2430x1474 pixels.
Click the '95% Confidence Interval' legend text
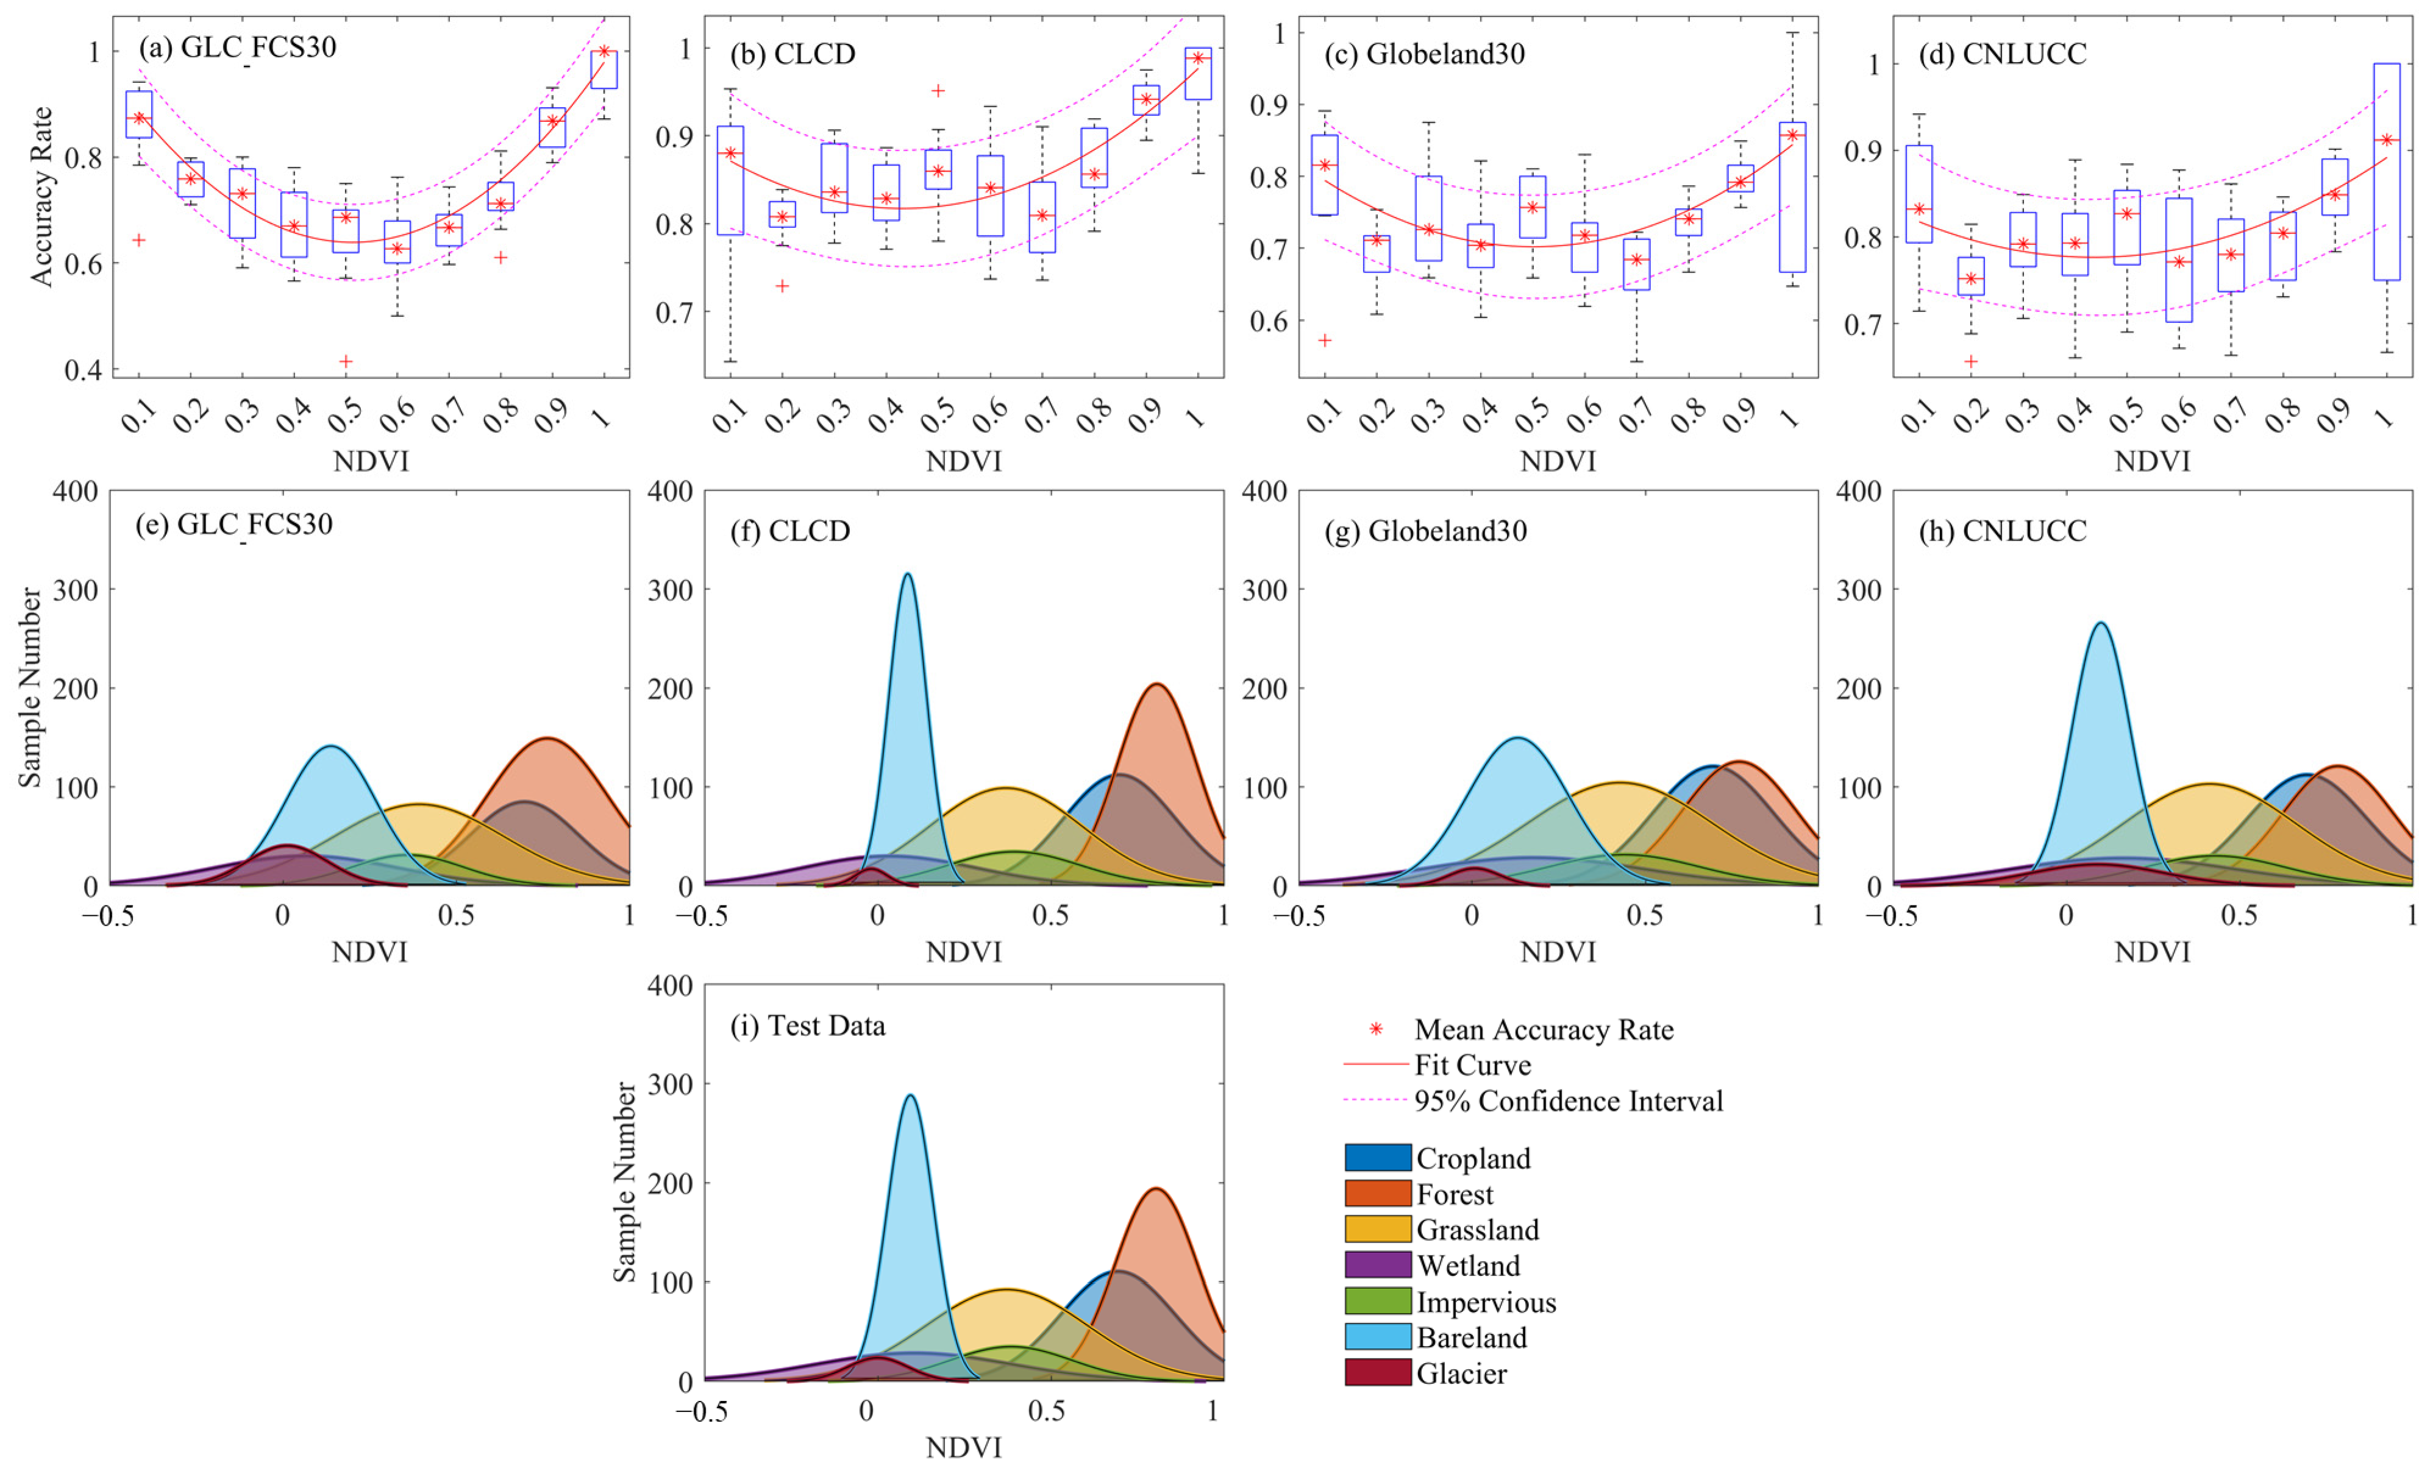click(1568, 1100)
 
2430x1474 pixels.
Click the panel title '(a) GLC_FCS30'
click(238, 48)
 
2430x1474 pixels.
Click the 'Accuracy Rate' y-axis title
click(41, 197)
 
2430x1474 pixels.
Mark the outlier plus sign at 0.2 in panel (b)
click(782, 286)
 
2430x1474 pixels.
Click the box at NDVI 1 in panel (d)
click(2387, 172)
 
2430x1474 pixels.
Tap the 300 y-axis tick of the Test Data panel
click(672, 1083)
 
